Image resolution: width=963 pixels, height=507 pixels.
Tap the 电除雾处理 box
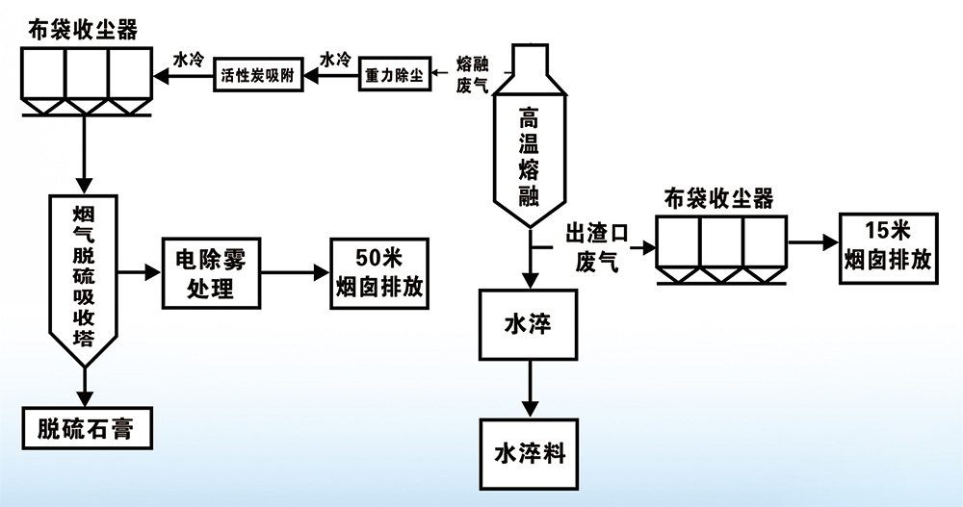pos(209,273)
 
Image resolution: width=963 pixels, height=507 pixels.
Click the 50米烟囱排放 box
pos(379,273)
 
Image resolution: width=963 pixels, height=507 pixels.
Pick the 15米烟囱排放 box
pos(887,245)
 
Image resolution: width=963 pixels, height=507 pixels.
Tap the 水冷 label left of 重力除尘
pos(335,59)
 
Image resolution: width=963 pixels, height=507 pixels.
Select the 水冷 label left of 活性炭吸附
pos(189,59)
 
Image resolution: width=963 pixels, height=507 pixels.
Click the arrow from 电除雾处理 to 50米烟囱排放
pos(293,273)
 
